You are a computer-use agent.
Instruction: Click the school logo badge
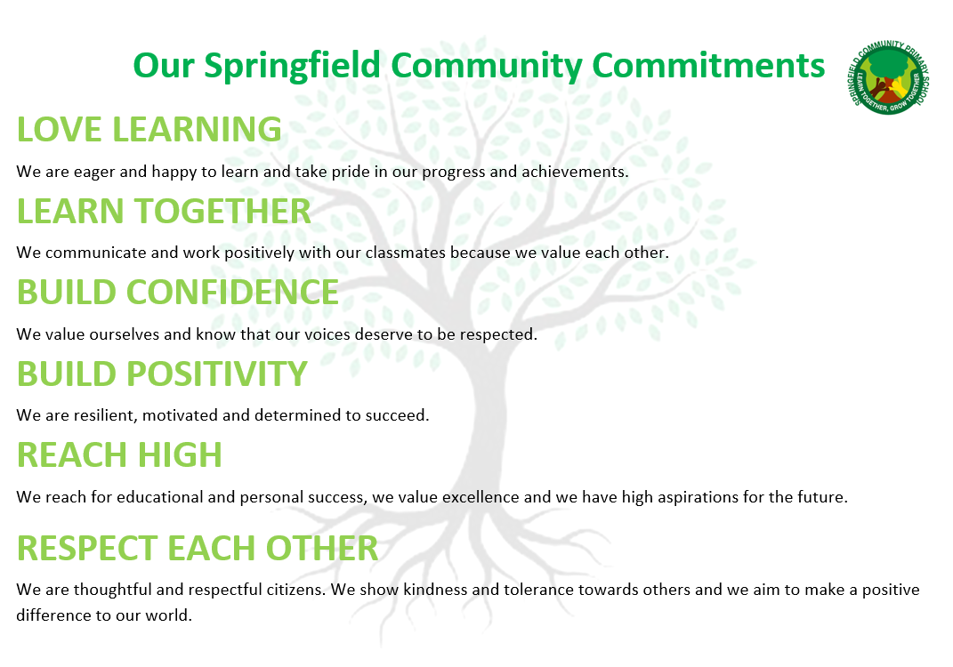point(888,77)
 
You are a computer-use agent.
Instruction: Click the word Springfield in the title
point(292,67)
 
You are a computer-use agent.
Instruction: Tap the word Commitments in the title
point(708,65)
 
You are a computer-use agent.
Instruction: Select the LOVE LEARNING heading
point(149,129)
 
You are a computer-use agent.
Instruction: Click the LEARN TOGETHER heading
point(164,211)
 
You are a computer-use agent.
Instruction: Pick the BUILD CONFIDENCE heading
point(177,293)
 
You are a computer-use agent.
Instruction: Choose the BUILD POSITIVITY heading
point(162,374)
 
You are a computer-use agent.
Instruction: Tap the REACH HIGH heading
point(119,455)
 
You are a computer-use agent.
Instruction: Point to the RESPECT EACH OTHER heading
point(197,548)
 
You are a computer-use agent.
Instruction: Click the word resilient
point(108,415)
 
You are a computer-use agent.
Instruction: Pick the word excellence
point(481,497)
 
